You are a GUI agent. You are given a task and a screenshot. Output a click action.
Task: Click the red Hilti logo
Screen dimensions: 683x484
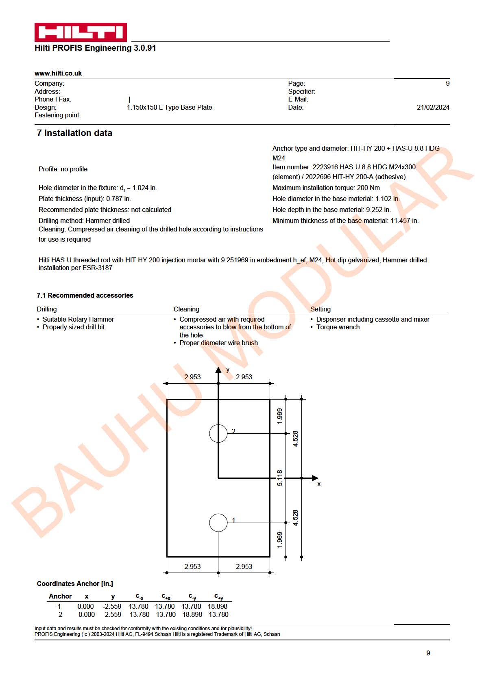[x=81, y=32]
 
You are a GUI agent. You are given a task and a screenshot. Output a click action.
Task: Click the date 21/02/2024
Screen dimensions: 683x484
[x=433, y=107]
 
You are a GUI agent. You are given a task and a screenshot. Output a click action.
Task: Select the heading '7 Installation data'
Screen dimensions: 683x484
[x=74, y=133]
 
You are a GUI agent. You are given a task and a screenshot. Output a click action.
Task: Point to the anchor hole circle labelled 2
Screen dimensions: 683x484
[x=218, y=433]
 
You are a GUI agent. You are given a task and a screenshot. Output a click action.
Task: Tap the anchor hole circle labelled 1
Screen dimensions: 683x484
[x=218, y=523]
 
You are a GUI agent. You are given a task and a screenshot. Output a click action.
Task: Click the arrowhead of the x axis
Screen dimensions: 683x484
[x=315, y=478]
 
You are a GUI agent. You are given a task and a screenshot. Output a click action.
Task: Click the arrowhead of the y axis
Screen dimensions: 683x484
[x=218, y=370]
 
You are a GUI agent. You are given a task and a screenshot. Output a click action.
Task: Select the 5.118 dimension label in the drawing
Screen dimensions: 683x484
[x=279, y=478]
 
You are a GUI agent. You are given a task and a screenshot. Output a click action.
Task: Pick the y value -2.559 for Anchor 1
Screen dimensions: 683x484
[x=112, y=606]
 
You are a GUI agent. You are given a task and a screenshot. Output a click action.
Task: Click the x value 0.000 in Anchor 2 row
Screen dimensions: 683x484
[x=86, y=614]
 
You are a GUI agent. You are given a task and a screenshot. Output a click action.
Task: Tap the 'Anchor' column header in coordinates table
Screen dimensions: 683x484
[x=60, y=596]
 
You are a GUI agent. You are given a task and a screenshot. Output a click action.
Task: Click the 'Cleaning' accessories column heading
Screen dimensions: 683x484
[x=186, y=309]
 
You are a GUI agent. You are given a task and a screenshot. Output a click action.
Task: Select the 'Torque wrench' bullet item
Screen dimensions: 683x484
[x=338, y=327]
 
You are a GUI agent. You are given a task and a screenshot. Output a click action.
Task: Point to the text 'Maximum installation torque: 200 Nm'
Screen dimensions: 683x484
[x=326, y=188]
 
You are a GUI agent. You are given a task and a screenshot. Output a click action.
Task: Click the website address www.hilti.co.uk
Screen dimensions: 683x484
[x=58, y=73]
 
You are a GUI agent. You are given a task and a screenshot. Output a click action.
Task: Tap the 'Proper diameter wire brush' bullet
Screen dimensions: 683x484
[x=218, y=343]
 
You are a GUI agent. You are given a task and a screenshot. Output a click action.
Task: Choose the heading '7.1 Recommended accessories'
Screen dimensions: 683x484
[x=85, y=295]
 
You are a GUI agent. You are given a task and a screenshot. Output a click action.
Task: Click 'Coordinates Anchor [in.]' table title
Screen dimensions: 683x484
[x=75, y=584]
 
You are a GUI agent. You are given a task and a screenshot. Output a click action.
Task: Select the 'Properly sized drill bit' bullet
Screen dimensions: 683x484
[x=74, y=327]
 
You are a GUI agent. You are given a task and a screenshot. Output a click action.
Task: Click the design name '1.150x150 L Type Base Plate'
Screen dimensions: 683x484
[x=169, y=107]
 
